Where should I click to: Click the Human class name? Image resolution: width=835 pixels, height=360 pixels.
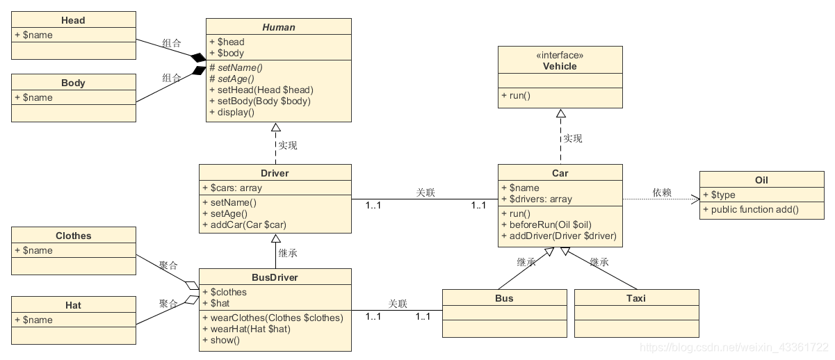pyautogui.click(x=278, y=27)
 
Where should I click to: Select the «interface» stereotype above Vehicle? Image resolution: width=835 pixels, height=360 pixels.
pyautogui.click(x=560, y=55)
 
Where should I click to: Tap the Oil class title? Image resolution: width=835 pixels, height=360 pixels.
pyautogui.click(x=761, y=180)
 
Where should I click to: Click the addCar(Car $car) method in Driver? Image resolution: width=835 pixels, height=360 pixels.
pyautogui.click(x=248, y=224)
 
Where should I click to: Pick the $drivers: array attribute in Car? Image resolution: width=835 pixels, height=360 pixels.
pyautogui.click(x=537, y=199)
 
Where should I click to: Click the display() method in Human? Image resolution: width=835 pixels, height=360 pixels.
pyautogui.click(x=232, y=112)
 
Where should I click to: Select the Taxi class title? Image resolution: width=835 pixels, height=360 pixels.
pyautogui.click(x=635, y=298)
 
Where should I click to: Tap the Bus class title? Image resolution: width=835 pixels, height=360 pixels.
pyautogui.click(x=504, y=298)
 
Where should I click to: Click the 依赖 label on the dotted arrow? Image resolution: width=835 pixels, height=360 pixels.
pyautogui.click(x=662, y=193)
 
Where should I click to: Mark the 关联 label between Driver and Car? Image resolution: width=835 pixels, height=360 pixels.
pyautogui.click(x=425, y=193)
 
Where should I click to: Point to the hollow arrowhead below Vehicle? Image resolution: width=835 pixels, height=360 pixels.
pyautogui.click(x=560, y=113)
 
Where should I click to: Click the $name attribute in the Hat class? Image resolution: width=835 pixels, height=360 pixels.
pyautogui.click(x=33, y=320)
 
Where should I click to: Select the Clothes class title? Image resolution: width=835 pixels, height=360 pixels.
pyautogui.click(x=73, y=236)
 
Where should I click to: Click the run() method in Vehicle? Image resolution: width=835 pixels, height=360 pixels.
pyautogui.click(x=515, y=95)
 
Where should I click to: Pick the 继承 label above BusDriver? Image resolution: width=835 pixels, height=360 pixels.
pyautogui.click(x=288, y=253)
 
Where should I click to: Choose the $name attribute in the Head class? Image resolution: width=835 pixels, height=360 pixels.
pyautogui.click(x=33, y=35)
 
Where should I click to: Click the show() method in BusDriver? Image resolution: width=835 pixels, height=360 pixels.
pyautogui.click(x=221, y=340)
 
